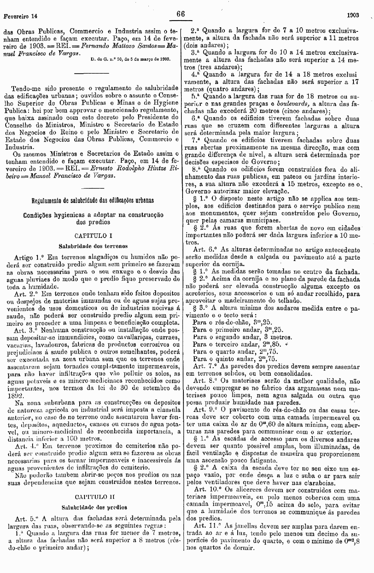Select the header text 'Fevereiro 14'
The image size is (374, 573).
(21, 16)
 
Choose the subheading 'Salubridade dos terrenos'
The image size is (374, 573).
(93, 245)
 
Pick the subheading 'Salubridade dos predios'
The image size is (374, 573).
(93, 507)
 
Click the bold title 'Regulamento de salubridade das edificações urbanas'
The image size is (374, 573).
(93, 200)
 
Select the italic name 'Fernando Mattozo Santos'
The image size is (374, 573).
(117, 45)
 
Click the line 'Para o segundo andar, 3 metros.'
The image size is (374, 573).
(239, 336)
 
